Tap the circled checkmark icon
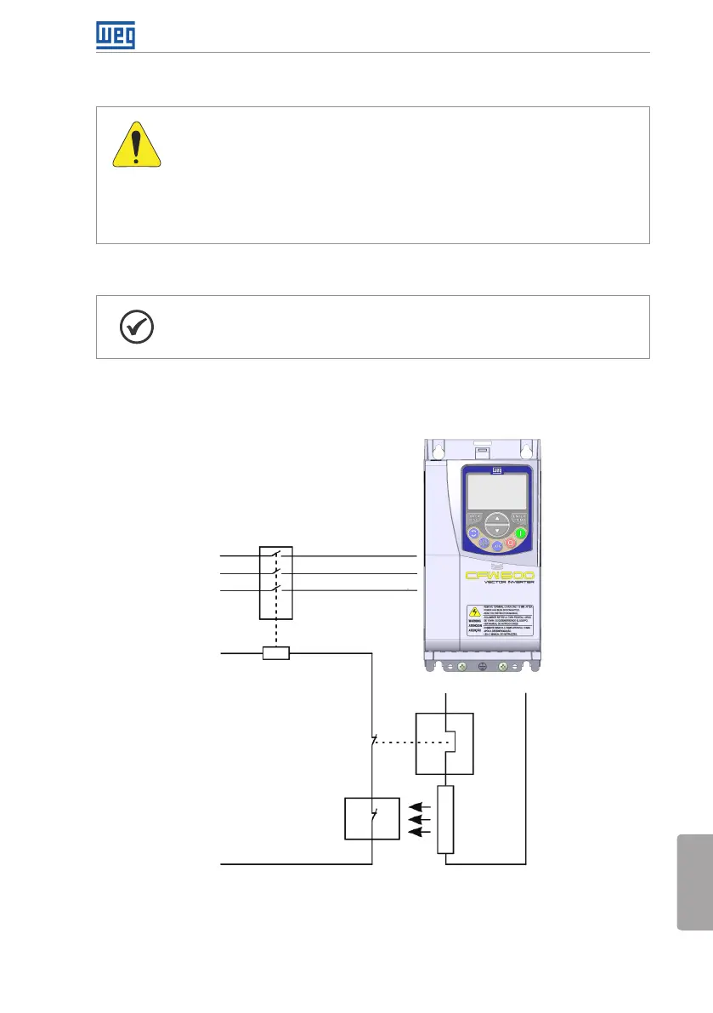[x=134, y=327]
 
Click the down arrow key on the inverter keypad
[x=497, y=530]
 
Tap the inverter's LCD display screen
[x=497, y=492]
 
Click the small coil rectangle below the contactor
[x=276, y=653]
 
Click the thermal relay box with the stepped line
[x=444, y=743]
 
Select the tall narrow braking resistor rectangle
[x=445, y=819]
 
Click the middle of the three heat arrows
[x=419, y=820]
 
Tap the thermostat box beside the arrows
[x=371, y=819]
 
